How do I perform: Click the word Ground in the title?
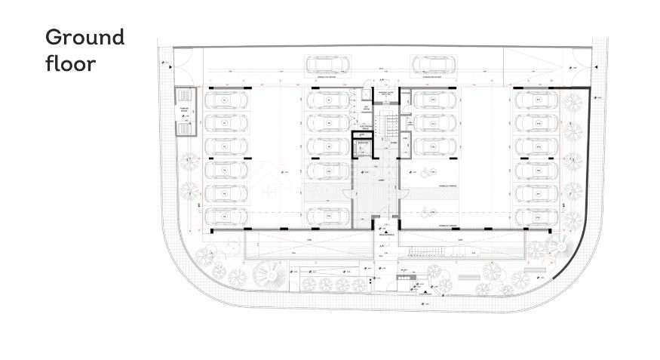[x=85, y=37]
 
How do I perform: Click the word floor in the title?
[x=70, y=63]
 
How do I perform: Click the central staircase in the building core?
[x=389, y=126]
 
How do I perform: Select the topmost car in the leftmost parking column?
[x=227, y=100]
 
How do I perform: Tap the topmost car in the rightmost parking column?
[x=536, y=100]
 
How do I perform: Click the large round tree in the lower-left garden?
[x=269, y=274]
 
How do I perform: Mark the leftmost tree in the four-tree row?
[x=309, y=285]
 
